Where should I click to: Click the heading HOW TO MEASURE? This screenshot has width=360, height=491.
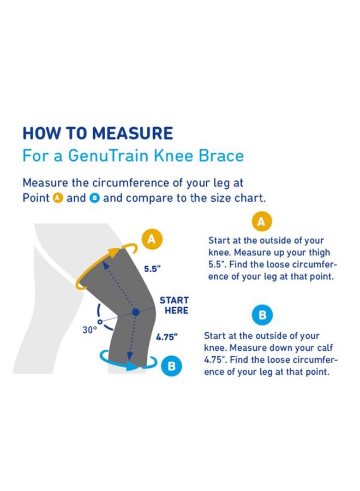click(x=98, y=133)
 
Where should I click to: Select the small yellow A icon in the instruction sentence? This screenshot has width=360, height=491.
click(x=58, y=198)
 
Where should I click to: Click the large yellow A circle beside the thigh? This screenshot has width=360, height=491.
click(x=152, y=238)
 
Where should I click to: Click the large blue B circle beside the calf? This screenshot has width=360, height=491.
click(x=171, y=366)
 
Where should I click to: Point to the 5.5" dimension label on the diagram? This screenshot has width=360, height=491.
click(x=152, y=268)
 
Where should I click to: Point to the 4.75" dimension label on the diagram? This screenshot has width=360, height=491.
click(x=167, y=337)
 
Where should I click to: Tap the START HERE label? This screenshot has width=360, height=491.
click(x=174, y=306)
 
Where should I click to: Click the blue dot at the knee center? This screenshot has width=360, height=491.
click(x=135, y=312)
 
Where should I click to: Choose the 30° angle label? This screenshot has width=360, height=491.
click(x=89, y=330)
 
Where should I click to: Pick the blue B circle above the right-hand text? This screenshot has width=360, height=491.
click(x=262, y=315)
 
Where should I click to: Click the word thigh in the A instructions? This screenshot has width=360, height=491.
click(x=319, y=252)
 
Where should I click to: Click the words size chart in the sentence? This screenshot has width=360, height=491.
click(x=240, y=198)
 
